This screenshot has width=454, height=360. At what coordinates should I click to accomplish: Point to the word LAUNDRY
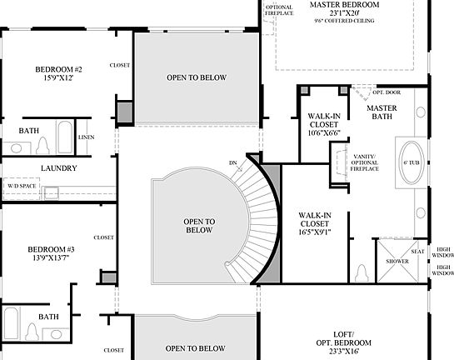coord(58,167)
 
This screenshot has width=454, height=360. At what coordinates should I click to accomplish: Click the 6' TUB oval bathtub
coord(412,162)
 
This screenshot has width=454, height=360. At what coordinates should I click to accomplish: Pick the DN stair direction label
coord(232,162)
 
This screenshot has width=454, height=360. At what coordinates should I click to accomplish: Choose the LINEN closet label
coord(86,137)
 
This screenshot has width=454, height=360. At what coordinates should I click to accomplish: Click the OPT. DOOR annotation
coord(388,92)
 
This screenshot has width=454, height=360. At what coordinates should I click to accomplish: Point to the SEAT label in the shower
coord(417,251)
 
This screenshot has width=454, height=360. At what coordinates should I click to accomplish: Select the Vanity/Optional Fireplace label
coord(364,162)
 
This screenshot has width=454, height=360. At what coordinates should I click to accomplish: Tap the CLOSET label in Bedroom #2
coord(120,65)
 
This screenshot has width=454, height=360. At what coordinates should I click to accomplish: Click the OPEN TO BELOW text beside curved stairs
coord(199,225)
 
